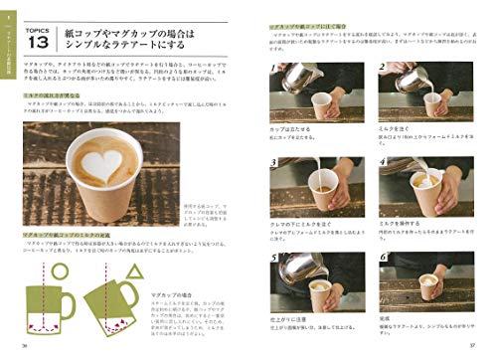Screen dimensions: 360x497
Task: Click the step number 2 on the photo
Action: tap(383, 70)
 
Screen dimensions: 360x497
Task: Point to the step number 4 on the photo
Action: tap(383, 164)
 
